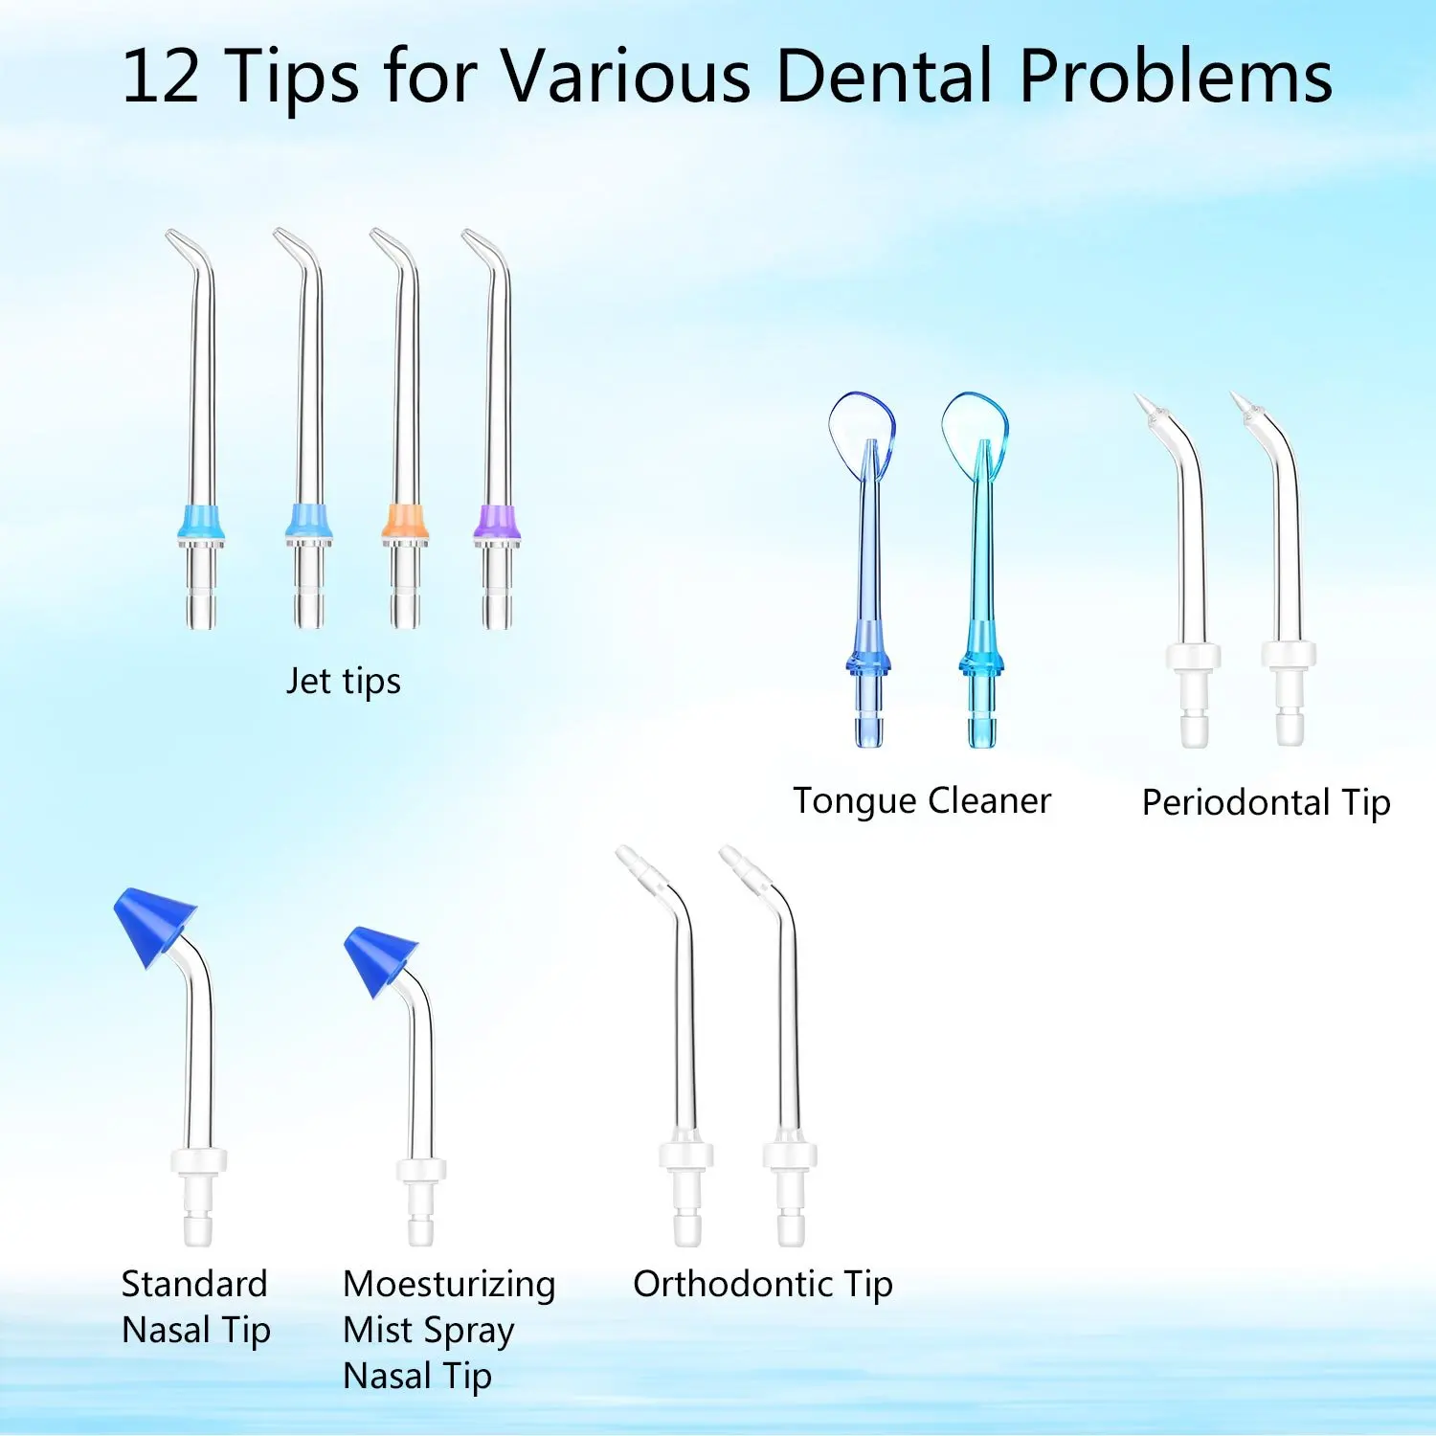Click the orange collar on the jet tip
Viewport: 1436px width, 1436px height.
(405, 523)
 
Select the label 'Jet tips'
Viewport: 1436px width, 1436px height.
(344, 682)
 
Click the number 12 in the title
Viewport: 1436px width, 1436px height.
(161, 77)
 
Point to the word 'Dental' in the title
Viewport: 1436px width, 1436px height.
(884, 77)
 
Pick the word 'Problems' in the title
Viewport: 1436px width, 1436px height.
(1176, 77)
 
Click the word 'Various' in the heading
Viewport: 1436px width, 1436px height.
(627, 77)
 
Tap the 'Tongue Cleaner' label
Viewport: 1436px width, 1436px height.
(922, 801)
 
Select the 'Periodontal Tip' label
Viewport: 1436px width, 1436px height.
(1266, 803)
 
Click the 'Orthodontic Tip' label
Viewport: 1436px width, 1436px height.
(763, 1285)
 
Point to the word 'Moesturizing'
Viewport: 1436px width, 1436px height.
(449, 1285)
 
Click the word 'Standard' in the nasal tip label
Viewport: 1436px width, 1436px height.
(194, 1284)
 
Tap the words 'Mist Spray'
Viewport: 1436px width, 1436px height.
(429, 1330)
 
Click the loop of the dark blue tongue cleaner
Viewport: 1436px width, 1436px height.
(862, 428)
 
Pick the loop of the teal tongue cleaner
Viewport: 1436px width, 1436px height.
(975, 428)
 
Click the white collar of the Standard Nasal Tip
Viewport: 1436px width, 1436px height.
(199, 1160)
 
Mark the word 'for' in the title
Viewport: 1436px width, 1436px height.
(430, 77)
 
